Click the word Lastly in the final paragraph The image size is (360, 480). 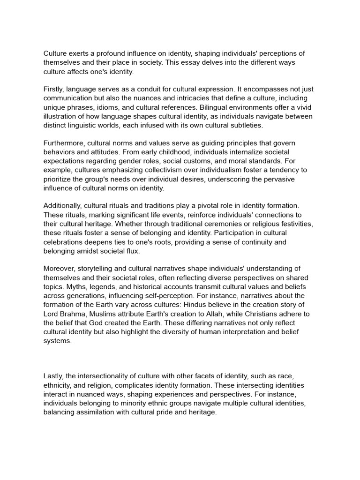click(53, 376)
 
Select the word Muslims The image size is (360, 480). click(109, 314)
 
